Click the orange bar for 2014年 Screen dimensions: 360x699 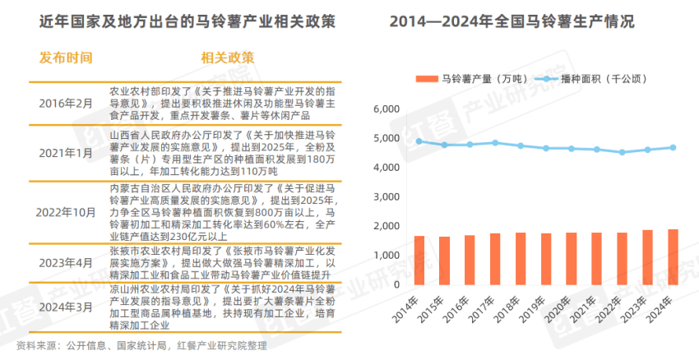click(x=419, y=261)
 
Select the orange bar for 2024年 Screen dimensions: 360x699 click(x=673, y=257)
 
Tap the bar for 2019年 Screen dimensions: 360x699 click(x=546, y=259)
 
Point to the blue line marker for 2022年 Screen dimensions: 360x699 click(x=622, y=152)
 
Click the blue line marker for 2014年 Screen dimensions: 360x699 click(x=419, y=141)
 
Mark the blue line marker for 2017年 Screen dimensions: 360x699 click(x=495, y=143)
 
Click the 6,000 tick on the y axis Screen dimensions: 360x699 click(x=386, y=109)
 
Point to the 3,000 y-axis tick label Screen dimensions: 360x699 click(x=386, y=197)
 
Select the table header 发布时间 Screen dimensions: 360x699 click(x=66, y=58)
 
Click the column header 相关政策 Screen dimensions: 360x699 click(x=227, y=58)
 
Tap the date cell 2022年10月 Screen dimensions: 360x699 click(x=67, y=211)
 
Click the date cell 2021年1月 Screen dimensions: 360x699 click(x=67, y=153)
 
